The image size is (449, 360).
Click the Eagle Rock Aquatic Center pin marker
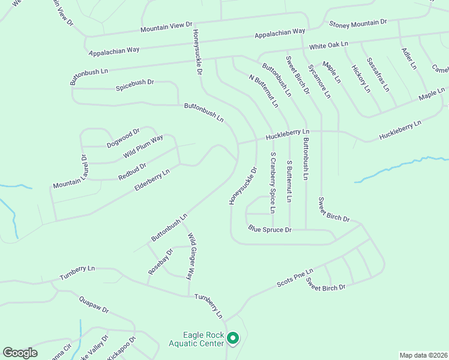click(x=234, y=339)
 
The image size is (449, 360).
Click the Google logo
click(x=20, y=353)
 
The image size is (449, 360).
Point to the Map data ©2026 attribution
click(x=423, y=355)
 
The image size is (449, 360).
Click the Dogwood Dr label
click(x=123, y=138)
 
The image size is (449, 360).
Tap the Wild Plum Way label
click(x=143, y=147)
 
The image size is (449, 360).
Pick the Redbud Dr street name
click(x=133, y=171)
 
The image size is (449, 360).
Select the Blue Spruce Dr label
click(x=270, y=229)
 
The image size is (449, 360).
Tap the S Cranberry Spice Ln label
click(x=272, y=182)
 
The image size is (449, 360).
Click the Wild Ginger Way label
click(x=191, y=257)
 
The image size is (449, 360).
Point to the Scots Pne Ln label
click(x=295, y=277)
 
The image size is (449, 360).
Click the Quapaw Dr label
click(x=94, y=305)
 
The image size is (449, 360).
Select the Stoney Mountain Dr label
click(x=358, y=23)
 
